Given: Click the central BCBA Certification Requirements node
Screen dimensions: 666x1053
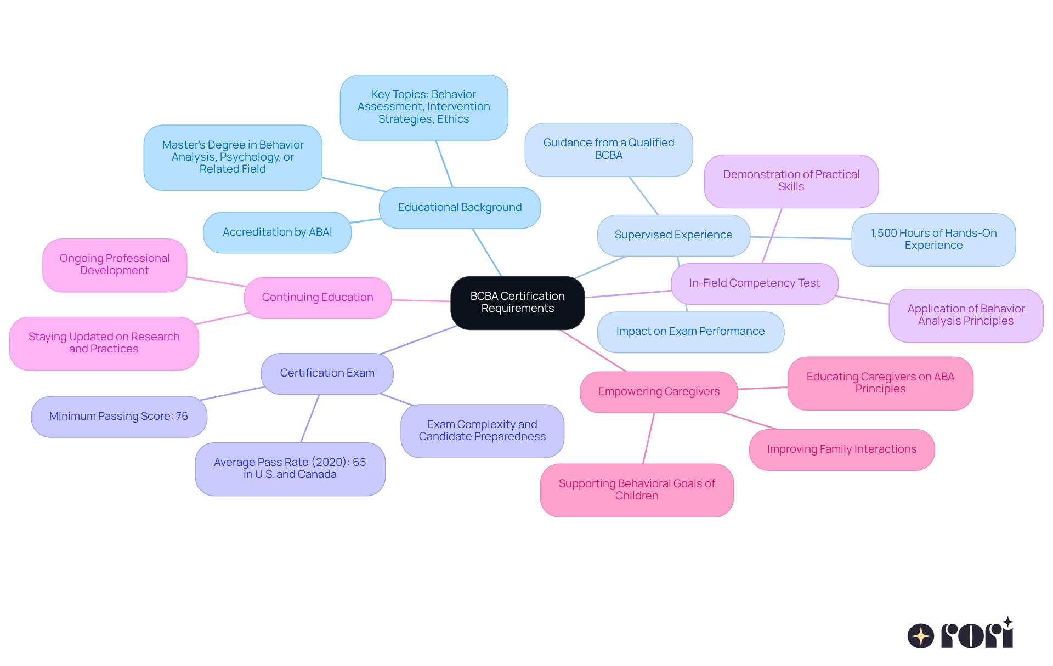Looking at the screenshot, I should click(x=517, y=303).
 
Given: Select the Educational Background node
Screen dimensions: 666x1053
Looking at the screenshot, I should click(x=460, y=208).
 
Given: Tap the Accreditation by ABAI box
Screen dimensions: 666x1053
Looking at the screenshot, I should click(x=277, y=232).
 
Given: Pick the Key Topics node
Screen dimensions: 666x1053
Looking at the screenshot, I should click(x=423, y=107).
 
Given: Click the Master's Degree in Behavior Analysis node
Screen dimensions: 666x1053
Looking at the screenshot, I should click(x=233, y=157).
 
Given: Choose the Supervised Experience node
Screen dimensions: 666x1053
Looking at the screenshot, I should click(x=673, y=235).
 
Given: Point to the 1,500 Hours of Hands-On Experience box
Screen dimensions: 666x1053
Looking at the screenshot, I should click(x=933, y=240).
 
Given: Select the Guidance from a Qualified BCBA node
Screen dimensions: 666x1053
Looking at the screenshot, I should click(x=608, y=149).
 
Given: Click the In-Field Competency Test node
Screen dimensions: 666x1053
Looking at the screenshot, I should click(x=754, y=283).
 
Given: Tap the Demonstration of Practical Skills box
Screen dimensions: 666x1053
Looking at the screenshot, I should click(x=791, y=181).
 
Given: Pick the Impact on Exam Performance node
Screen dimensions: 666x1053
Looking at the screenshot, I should click(x=690, y=332).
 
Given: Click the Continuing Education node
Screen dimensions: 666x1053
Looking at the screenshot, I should click(x=318, y=298).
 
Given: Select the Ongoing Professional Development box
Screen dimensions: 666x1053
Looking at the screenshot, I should click(x=115, y=265).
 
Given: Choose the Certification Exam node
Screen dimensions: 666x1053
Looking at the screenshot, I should click(x=327, y=373).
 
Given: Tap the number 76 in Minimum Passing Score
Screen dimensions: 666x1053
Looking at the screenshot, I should click(x=182, y=417).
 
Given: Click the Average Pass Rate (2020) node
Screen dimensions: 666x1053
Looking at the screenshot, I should click(x=290, y=469).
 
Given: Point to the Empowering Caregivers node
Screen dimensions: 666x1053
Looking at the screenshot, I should click(x=658, y=392).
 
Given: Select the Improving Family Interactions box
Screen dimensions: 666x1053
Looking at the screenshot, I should click(x=841, y=449).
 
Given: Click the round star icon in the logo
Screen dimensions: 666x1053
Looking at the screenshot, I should click(x=920, y=636).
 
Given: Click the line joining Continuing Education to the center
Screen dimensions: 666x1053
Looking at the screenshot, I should click(x=421, y=300).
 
